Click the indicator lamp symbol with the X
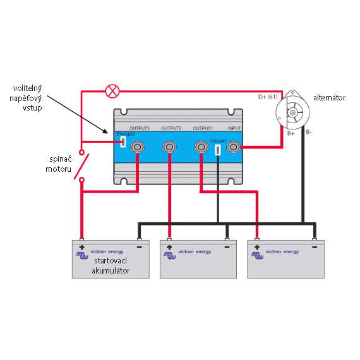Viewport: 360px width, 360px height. coord(112,91)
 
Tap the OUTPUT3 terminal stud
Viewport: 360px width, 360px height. coord(137,147)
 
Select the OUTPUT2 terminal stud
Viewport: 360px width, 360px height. coord(169,147)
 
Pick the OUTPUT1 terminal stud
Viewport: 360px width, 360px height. coord(201,147)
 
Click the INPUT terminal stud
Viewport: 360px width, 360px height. coord(233,147)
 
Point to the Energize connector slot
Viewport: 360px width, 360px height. coord(123,141)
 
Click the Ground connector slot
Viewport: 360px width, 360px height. coord(217,150)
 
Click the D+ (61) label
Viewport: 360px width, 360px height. coord(268,97)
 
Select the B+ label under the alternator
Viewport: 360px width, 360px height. coord(291,133)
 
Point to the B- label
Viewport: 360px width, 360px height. coord(309,132)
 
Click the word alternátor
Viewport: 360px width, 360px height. coord(329,98)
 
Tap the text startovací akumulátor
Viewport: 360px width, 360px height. coord(111,266)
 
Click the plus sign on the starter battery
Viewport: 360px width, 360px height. coord(81,248)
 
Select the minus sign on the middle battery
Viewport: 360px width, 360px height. coord(227,247)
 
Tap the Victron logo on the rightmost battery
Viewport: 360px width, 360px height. coord(258,255)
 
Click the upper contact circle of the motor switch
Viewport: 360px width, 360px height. coord(81,152)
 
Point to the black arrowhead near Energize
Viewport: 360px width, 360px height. coord(105,131)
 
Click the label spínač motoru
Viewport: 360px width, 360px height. coord(59,164)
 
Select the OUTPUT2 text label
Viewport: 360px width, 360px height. coord(171,128)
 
